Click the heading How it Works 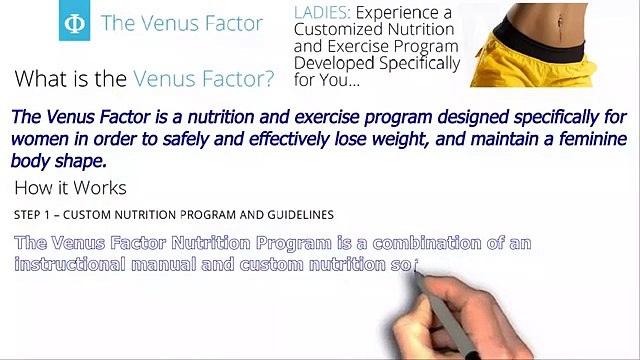tap(70, 188)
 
